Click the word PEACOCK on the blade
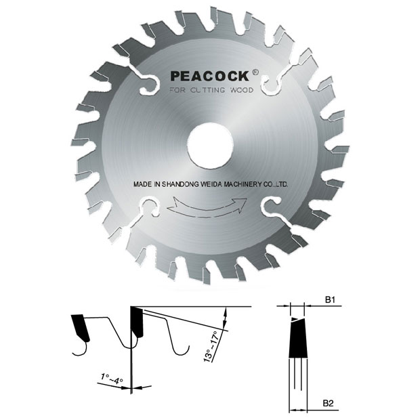(x=210, y=76)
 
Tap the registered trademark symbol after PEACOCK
(x=255, y=72)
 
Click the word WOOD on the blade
(x=242, y=90)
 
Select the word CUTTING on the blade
(x=207, y=90)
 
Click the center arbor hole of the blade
(x=211, y=146)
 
